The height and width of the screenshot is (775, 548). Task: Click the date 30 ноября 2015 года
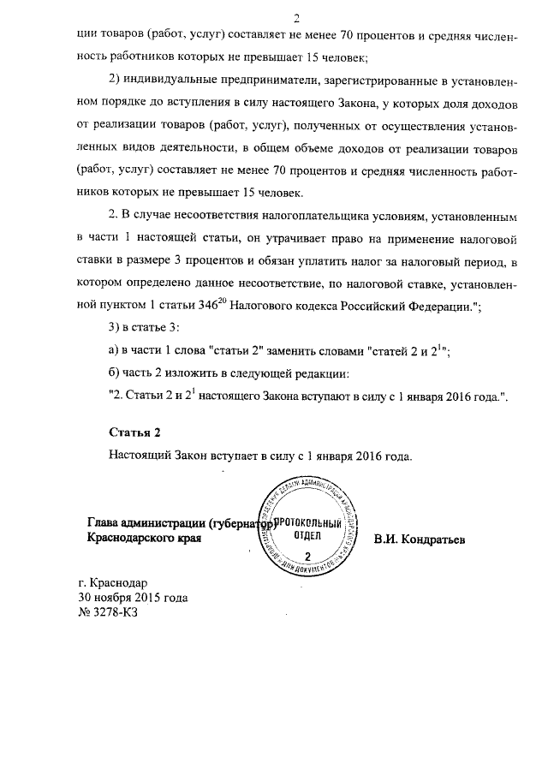tap(133, 597)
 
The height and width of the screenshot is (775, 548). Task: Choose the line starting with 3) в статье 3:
tap(145, 330)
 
